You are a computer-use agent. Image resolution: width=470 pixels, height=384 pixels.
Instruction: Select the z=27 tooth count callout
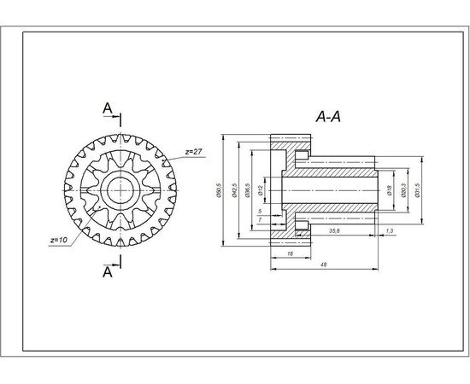(193, 151)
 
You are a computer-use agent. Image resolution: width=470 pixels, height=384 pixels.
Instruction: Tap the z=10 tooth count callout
(59, 240)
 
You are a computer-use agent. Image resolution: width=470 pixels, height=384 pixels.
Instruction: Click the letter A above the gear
(107, 108)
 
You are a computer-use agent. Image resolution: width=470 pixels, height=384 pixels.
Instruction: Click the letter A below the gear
(107, 272)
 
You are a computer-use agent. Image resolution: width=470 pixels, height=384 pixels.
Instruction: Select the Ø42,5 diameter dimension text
(234, 190)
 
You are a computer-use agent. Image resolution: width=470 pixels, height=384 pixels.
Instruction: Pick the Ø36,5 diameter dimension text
(248, 190)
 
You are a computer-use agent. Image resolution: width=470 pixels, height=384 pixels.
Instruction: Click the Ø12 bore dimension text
(261, 182)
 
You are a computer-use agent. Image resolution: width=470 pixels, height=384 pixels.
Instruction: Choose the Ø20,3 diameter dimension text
(402, 190)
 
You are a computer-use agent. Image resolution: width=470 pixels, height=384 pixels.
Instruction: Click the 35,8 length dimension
(334, 230)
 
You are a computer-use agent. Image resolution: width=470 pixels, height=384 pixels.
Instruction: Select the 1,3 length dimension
(390, 230)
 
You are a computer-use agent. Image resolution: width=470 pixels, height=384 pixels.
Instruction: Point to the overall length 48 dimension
(324, 265)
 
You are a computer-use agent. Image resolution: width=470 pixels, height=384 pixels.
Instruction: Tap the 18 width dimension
(291, 253)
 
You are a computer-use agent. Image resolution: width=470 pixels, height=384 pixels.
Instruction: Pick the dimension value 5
(259, 210)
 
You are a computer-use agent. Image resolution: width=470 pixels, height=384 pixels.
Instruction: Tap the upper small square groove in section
(301, 156)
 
